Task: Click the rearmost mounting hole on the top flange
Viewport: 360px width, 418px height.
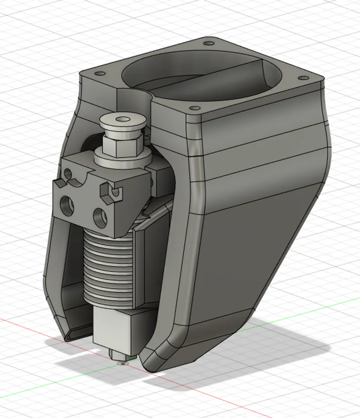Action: tap(208, 44)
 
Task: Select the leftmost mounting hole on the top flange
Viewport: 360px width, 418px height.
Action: tap(98, 73)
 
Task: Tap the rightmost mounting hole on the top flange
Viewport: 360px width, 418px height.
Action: tap(300, 79)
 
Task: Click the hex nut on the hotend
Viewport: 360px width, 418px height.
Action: tap(123, 144)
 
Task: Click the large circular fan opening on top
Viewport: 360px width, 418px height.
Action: tap(200, 76)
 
